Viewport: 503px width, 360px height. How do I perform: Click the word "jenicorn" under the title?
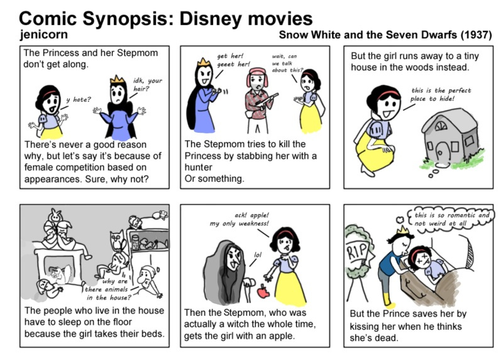(43, 35)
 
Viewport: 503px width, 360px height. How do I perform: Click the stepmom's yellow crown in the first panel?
(117, 79)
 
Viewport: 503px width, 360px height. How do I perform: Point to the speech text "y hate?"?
(79, 99)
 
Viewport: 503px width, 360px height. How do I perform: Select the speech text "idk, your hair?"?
(148, 84)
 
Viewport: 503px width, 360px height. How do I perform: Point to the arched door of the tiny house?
(443, 151)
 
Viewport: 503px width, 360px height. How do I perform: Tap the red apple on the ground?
(263, 291)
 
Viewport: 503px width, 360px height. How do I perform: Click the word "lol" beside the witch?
(258, 255)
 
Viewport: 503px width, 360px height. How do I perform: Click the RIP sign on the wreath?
(357, 250)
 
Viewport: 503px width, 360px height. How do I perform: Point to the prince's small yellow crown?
(401, 230)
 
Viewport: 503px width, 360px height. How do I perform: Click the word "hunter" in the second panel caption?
(198, 167)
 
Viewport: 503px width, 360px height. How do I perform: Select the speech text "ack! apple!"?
(252, 215)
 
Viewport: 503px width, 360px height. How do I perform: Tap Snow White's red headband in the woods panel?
(389, 93)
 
